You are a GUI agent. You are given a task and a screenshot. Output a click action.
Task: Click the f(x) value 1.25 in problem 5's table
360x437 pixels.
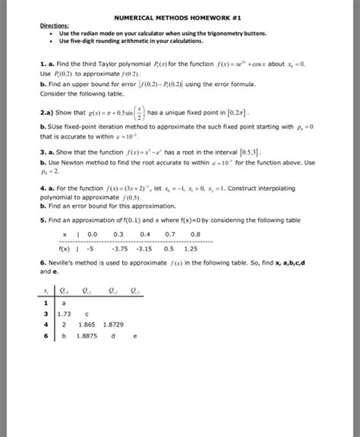coord(191,247)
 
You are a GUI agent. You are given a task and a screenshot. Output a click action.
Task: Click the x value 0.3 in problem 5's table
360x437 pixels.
coord(118,234)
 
